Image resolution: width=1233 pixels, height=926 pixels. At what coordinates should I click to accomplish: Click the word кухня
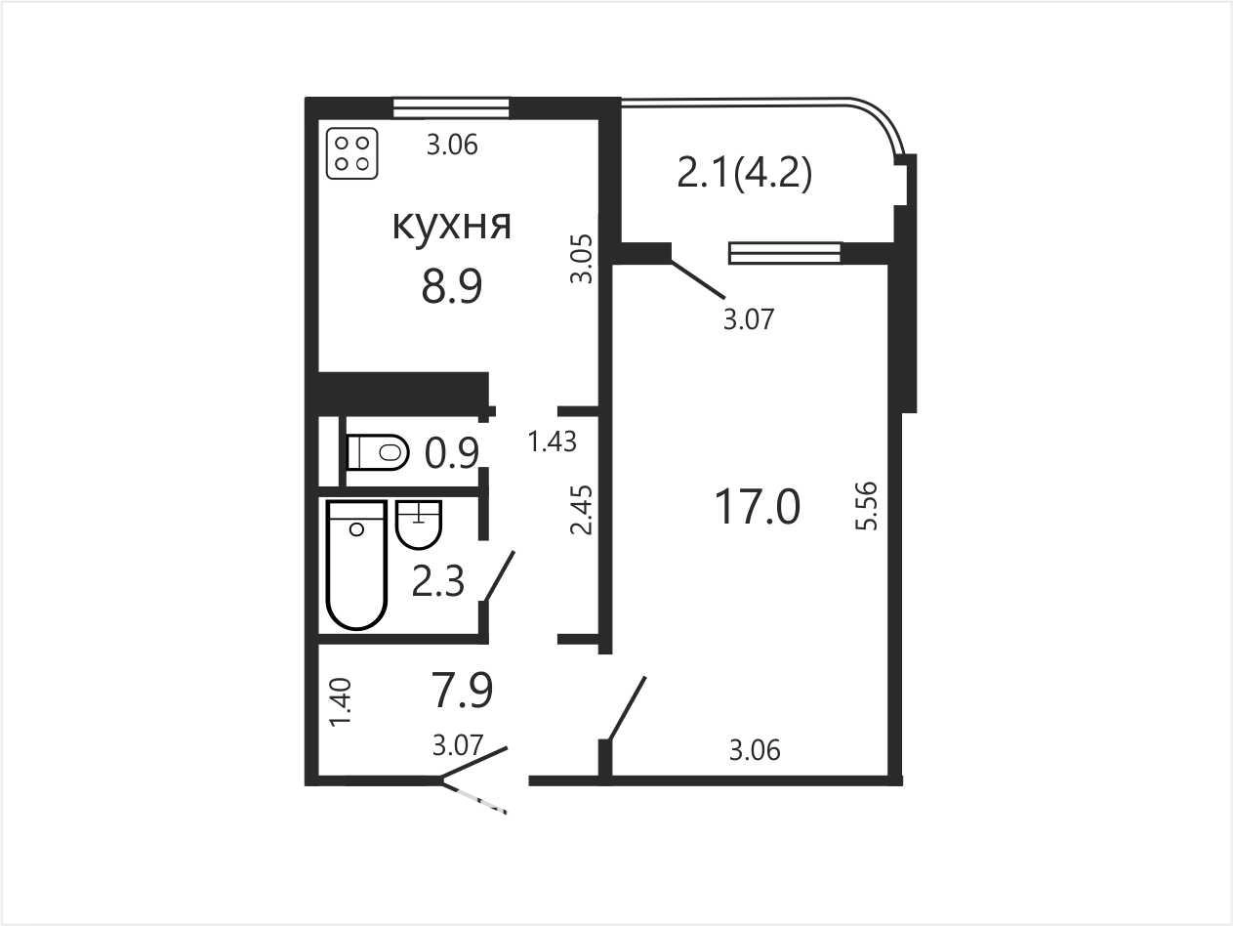[x=452, y=227]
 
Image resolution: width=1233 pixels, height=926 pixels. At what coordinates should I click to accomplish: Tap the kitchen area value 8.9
[x=452, y=287]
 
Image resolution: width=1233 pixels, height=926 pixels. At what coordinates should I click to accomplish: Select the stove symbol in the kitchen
[x=352, y=154]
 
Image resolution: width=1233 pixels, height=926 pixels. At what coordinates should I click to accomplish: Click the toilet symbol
[x=377, y=452]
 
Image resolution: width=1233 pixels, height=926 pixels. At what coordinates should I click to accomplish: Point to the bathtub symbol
[x=356, y=565]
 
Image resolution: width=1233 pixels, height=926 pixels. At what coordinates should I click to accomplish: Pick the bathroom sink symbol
[x=419, y=525]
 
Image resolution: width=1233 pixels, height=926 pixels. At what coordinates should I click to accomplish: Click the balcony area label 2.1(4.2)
[x=745, y=174]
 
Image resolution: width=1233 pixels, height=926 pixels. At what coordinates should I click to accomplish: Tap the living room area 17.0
[x=758, y=507]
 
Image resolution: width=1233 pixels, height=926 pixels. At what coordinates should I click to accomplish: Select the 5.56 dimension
[x=866, y=506]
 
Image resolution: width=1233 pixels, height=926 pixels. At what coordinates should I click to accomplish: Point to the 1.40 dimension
[x=341, y=702]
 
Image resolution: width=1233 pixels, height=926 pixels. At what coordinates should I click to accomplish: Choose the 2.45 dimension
[x=582, y=510]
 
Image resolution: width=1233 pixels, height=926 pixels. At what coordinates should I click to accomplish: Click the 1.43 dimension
[x=553, y=442]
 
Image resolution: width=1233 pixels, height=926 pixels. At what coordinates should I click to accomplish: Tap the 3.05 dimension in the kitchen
[x=582, y=259]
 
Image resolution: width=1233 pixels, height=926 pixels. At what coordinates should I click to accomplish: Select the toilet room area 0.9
[x=452, y=453]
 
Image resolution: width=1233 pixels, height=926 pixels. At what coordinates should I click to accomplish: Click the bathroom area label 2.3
[x=437, y=581]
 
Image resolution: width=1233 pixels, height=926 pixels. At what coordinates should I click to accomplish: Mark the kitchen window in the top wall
[x=450, y=107]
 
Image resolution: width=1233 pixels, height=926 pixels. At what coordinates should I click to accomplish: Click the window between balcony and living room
[x=785, y=253]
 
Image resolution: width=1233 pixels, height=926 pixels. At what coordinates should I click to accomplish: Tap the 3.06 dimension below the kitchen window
[x=452, y=145]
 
